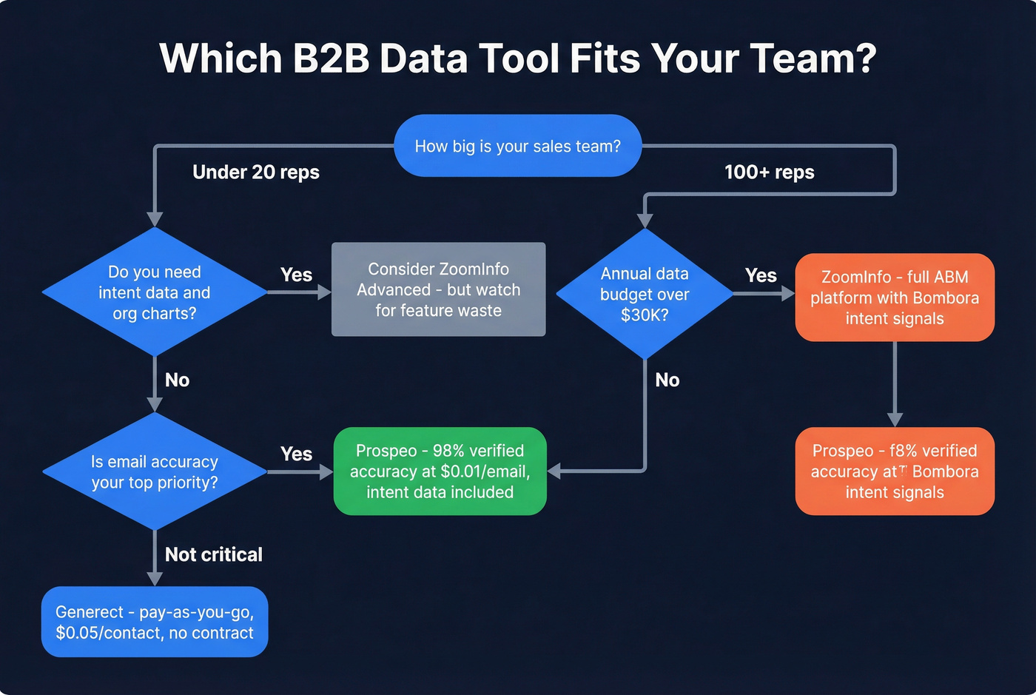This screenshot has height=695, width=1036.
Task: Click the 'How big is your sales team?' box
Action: [517, 146]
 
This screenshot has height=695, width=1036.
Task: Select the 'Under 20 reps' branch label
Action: [255, 172]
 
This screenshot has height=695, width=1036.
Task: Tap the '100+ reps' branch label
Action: [769, 172]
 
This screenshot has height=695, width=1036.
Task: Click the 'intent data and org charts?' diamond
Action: [155, 292]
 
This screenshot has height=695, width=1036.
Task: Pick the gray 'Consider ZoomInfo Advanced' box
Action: [438, 289]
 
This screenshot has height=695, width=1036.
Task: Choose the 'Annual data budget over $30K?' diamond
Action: [645, 294]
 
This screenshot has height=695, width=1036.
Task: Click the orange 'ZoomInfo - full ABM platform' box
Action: [894, 298]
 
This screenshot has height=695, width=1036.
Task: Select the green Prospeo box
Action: [440, 471]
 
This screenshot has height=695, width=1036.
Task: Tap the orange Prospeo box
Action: [894, 471]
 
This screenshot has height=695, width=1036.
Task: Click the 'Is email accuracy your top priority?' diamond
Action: [155, 471]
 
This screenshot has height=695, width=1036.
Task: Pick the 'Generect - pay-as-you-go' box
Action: [155, 622]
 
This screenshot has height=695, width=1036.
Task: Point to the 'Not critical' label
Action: [213, 554]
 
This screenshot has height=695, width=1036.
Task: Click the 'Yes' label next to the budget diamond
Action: [761, 275]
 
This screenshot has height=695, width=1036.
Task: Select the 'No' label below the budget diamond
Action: [667, 380]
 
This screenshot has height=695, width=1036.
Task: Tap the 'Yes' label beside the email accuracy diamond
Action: [296, 454]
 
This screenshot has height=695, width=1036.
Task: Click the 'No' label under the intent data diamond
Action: [177, 380]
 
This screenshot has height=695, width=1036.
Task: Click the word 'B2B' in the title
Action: [331, 58]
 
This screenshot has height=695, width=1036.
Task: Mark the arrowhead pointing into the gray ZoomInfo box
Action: [324, 292]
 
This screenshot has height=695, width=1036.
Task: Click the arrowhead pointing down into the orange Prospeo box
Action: [895, 420]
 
